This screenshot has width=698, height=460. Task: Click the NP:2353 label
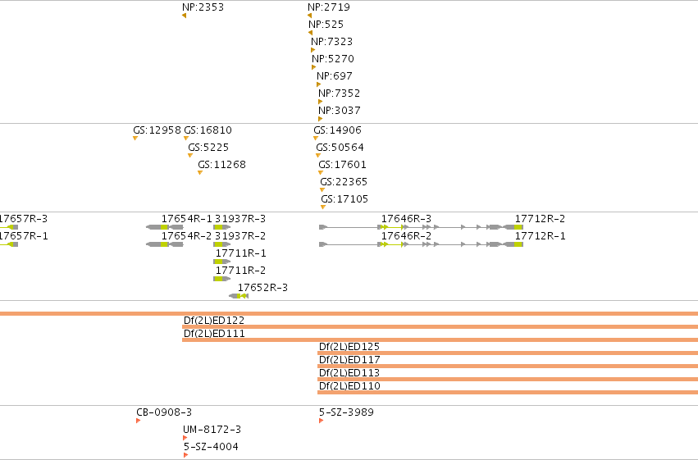[203, 7]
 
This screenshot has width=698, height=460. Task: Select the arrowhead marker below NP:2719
[309, 16]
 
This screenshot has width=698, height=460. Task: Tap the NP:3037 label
[340, 111]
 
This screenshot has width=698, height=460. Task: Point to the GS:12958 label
[157, 130]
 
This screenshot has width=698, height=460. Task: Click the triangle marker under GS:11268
[200, 173]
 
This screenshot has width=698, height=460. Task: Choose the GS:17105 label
[344, 199]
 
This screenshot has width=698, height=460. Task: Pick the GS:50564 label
[340, 148]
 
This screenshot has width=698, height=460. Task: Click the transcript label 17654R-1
[186, 219]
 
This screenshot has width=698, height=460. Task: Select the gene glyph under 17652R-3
[239, 296]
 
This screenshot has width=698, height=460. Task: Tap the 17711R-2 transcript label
[240, 271]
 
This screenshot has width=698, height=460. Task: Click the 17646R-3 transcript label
[406, 219]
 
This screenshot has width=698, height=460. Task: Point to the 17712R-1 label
[540, 236]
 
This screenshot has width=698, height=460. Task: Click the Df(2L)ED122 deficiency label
[214, 321]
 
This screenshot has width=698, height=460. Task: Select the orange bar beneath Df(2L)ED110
[508, 393]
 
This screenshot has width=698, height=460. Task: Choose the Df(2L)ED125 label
[349, 347]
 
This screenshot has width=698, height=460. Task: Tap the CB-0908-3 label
[164, 412]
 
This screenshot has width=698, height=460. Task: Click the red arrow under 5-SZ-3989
[321, 421]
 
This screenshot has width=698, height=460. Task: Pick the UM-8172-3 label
[212, 430]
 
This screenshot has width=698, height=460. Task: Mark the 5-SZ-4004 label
[211, 447]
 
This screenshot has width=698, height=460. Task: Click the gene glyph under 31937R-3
[221, 227]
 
